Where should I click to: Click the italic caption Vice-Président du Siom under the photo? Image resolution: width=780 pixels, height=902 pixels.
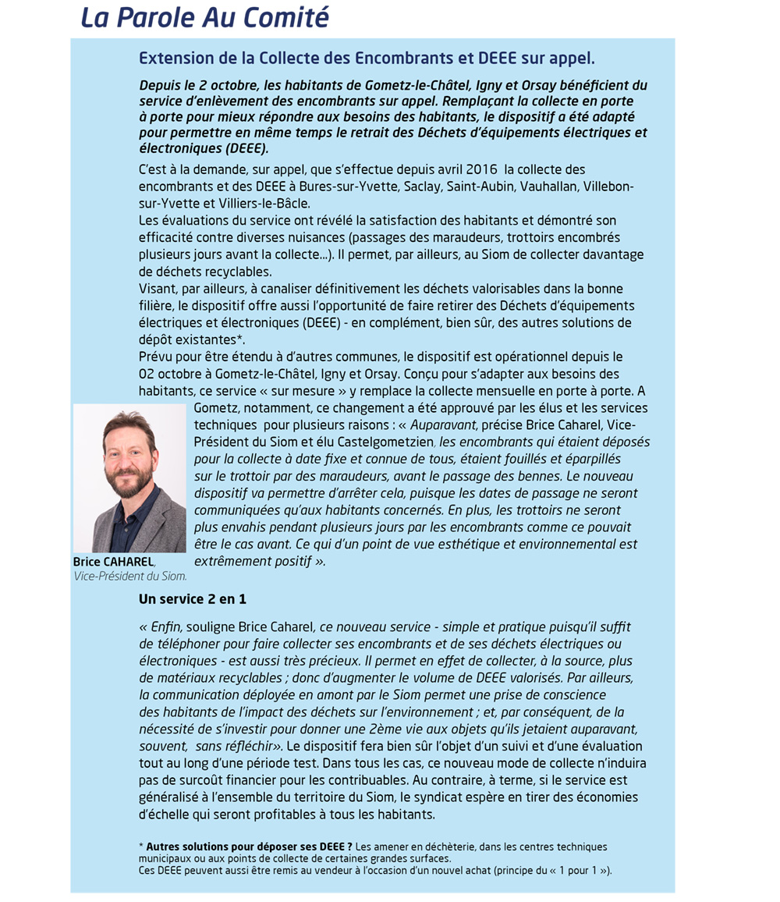point(130,577)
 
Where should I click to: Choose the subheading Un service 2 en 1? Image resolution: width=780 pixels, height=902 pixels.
point(193,599)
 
